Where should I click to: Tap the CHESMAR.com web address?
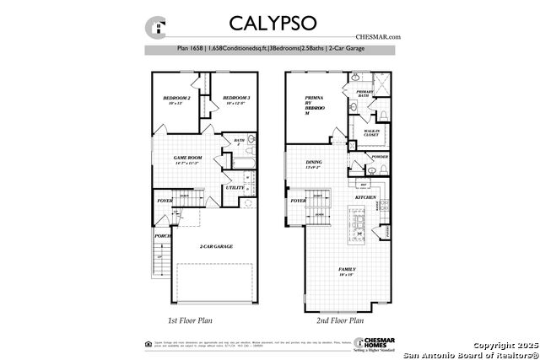click(377, 37)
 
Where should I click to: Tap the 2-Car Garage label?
click(216, 246)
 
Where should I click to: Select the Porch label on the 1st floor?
click(163, 236)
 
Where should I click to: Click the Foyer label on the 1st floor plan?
click(164, 201)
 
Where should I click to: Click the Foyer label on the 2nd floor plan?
click(298, 201)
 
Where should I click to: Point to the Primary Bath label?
click(364, 94)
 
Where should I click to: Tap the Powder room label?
click(379, 157)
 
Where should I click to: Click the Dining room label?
click(314, 164)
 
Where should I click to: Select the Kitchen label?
click(364, 196)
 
